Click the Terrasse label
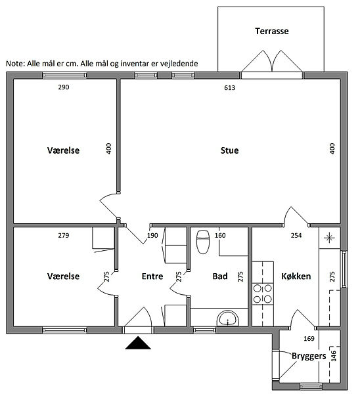(x=272, y=31)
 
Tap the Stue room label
(x=229, y=150)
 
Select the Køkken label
(x=296, y=276)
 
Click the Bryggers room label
(x=309, y=356)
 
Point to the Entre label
(x=152, y=276)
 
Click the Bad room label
(x=220, y=276)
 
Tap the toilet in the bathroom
(x=203, y=242)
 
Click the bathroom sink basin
(x=228, y=318)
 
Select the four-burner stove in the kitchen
(x=263, y=294)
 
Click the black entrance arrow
(x=138, y=343)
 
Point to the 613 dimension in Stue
(x=229, y=88)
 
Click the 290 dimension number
(x=64, y=87)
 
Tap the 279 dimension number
(x=64, y=236)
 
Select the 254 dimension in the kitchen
(x=296, y=236)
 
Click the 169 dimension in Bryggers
(x=309, y=339)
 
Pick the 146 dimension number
(x=334, y=356)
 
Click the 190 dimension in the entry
(x=152, y=236)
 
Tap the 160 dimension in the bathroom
(x=220, y=236)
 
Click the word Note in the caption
(x=15, y=64)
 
